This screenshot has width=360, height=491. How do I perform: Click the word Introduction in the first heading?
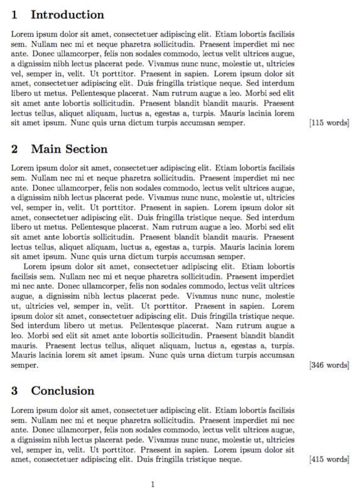(67, 14)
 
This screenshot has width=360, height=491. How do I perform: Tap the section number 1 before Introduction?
(15, 14)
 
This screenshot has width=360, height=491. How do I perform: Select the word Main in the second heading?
(46, 149)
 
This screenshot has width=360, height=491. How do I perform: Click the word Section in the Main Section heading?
(85, 149)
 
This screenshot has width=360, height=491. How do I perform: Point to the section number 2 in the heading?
(15, 149)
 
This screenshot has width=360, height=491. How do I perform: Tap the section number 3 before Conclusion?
(15, 391)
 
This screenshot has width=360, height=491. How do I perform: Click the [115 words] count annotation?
(329, 123)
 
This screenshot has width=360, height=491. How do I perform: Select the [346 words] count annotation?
(329, 364)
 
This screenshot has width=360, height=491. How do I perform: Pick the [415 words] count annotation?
(329, 460)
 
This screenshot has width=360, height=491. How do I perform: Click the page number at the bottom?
(153, 484)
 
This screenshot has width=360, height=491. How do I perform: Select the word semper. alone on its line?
(25, 364)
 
